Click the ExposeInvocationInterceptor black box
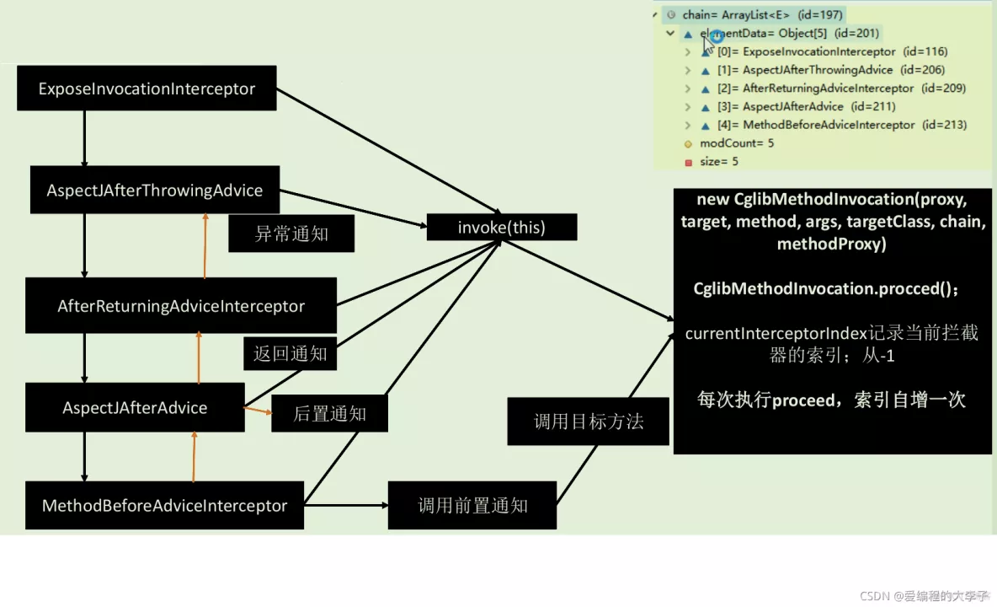147,89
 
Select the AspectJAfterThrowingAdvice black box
155,191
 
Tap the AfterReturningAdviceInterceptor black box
181,305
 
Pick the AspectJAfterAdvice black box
135,408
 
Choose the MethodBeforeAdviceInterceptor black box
164,506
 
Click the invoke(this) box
502,228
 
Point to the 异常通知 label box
291,234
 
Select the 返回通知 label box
290,353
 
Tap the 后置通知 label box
329,414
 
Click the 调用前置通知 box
472,506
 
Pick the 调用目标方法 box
589,422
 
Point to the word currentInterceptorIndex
776,333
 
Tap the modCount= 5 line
736,143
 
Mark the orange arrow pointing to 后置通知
257,411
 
